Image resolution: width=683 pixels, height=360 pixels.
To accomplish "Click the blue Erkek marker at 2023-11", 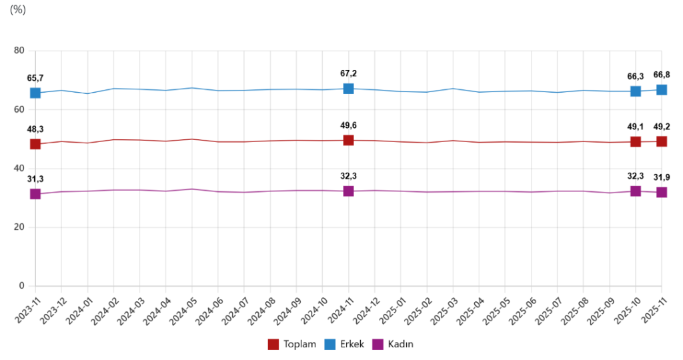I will point(35,93).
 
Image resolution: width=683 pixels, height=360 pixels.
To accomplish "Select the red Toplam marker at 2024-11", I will point(348,140).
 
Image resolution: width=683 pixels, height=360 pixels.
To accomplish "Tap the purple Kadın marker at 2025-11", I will point(662,192).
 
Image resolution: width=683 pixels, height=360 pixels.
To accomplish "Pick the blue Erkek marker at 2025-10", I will point(636,91).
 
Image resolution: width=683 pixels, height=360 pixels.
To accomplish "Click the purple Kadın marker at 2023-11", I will point(35,194).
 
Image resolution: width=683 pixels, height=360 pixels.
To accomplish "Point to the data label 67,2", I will point(348,73).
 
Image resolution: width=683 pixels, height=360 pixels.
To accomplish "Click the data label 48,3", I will point(35,129).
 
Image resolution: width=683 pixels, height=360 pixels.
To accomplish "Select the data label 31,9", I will point(662,177).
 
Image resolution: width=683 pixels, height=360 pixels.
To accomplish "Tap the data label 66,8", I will point(662,75).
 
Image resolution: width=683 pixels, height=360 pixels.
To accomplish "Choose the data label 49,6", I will point(348,125).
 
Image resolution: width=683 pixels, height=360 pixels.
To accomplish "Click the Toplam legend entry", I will point(292,344).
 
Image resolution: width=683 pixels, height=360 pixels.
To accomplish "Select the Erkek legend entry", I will point(344,344).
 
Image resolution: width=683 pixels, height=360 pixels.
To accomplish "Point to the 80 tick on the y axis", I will point(19,51).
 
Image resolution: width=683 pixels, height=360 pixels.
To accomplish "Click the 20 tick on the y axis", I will point(19,227).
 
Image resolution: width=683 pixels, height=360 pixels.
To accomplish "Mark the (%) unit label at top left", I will point(18,9).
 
